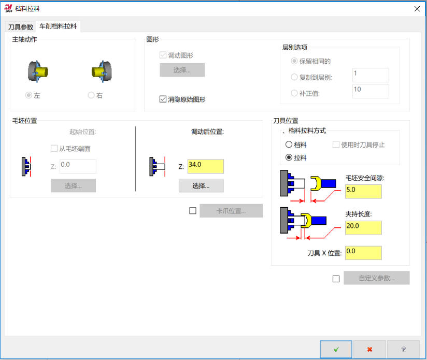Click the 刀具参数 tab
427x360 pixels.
coord(20,27)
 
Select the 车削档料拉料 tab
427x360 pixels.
coord(58,26)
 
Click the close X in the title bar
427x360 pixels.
coord(417,9)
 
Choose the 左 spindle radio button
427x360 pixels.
coord(29,95)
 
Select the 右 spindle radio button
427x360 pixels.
coord(91,95)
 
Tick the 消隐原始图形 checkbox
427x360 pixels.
coord(163,99)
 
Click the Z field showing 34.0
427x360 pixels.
coord(205,166)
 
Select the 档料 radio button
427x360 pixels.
coord(289,145)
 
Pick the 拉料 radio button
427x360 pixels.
coord(289,157)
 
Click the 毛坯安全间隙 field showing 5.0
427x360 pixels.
coord(363,191)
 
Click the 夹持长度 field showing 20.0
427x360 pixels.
coord(363,227)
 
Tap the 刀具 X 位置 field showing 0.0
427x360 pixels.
coord(363,253)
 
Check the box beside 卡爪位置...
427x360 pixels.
coord(193,211)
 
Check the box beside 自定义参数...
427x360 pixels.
coord(336,279)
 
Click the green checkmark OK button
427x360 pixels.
coord(336,349)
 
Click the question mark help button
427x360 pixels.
coord(403,349)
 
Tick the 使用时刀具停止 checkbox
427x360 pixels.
coord(336,144)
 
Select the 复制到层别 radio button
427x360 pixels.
coord(294,77)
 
